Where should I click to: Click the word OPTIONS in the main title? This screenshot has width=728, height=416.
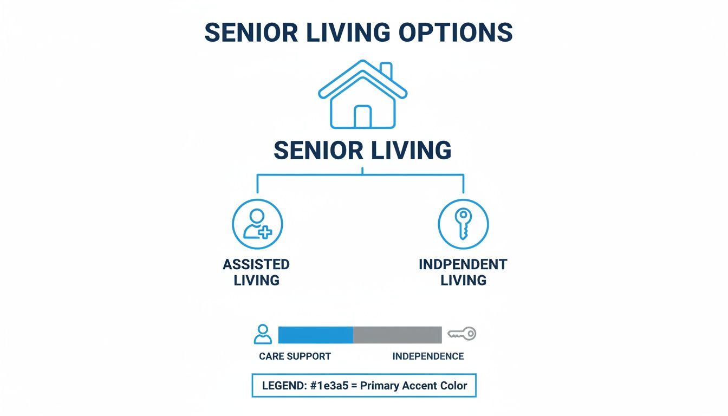(456, 34)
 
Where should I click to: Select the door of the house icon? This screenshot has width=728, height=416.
(362, 116)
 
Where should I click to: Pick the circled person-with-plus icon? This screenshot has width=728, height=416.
(257, 224)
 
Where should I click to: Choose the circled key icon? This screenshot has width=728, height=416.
(463, 224)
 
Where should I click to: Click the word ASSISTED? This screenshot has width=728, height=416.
(256, 264)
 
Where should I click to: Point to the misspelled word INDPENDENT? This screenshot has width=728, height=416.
(463, 264)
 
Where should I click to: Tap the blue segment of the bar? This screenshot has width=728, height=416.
(315, 335)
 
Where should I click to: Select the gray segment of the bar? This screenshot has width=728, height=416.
(397, 335)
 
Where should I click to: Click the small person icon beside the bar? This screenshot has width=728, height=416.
(263, 334)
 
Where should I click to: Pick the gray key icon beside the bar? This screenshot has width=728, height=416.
(461, 334)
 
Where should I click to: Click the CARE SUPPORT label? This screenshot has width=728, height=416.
(295, 356)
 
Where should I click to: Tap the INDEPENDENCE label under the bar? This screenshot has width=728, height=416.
(428, 356)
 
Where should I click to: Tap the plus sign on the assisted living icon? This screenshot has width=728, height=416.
(265, 233)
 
